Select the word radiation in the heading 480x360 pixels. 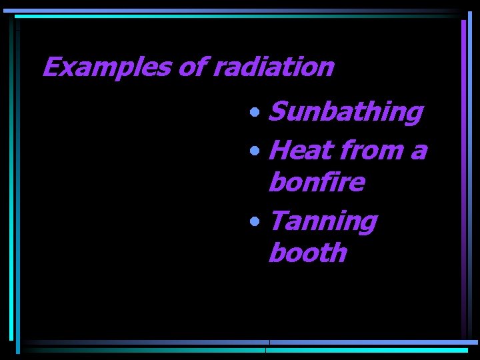click(273, 67)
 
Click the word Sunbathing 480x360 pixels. click(345, 113)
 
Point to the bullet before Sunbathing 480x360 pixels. click(256, 113)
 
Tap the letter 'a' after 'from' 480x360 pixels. click(417, 151)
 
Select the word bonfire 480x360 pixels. click(316, 182)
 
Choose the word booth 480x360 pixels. click(307, 253)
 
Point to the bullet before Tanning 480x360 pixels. click(256, 221)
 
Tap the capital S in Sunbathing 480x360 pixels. click(276, 113)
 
